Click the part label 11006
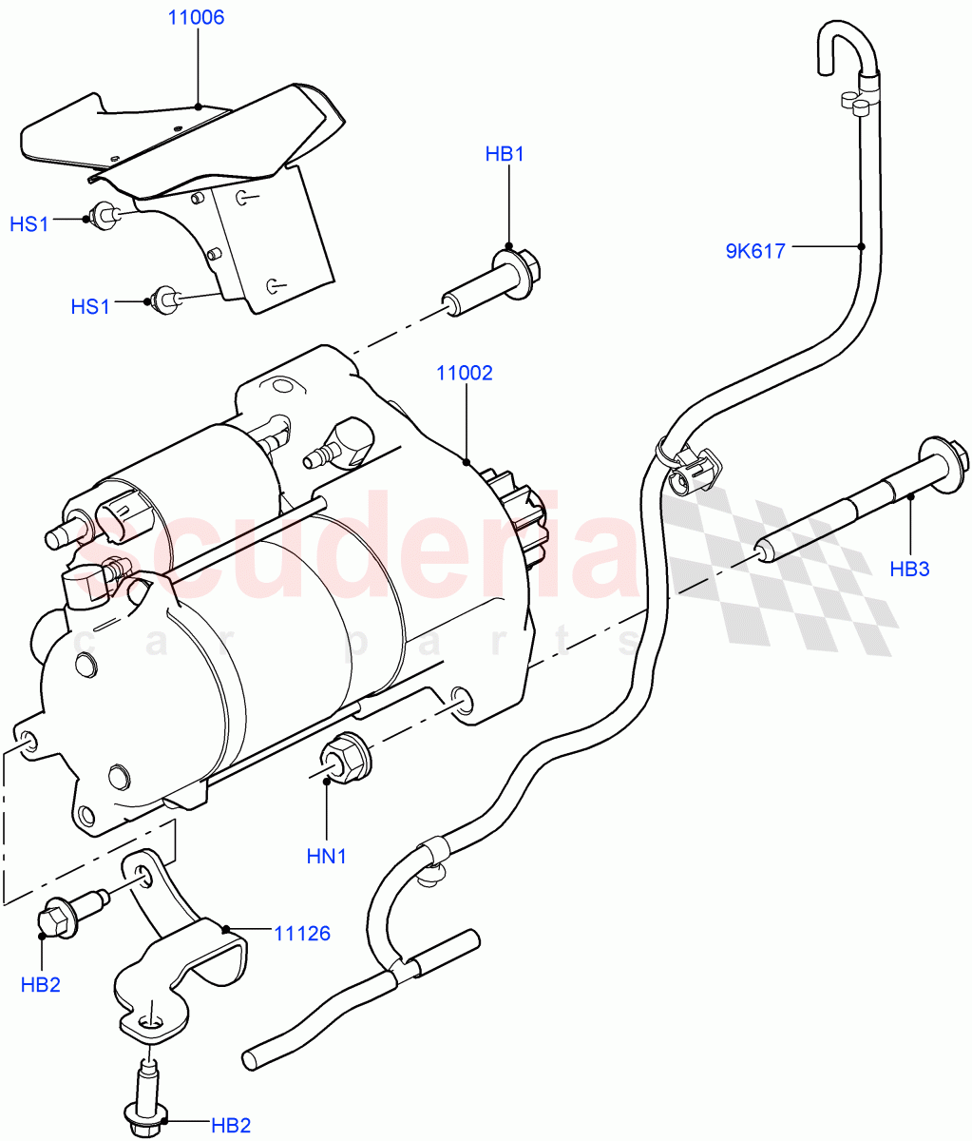pyautogui.click(x=197, y=18)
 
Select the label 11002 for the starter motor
pyautogui.click(x=465, y=374)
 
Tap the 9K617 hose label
pyautogui.click(x=755, y=252)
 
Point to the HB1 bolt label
pyautogui.click(x=505, y=154)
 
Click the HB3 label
pyautogui.click(x=909, y=570)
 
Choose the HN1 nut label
pyautogui.click(x=326, y=856)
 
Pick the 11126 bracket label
pyautogui.click(x=303, y=934)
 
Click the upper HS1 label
pyautogui.click(x=29, y=224)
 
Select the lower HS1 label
pyautogui.click(x=90, y=307)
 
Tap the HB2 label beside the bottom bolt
pyautogui.click(x=231, y=1126)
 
